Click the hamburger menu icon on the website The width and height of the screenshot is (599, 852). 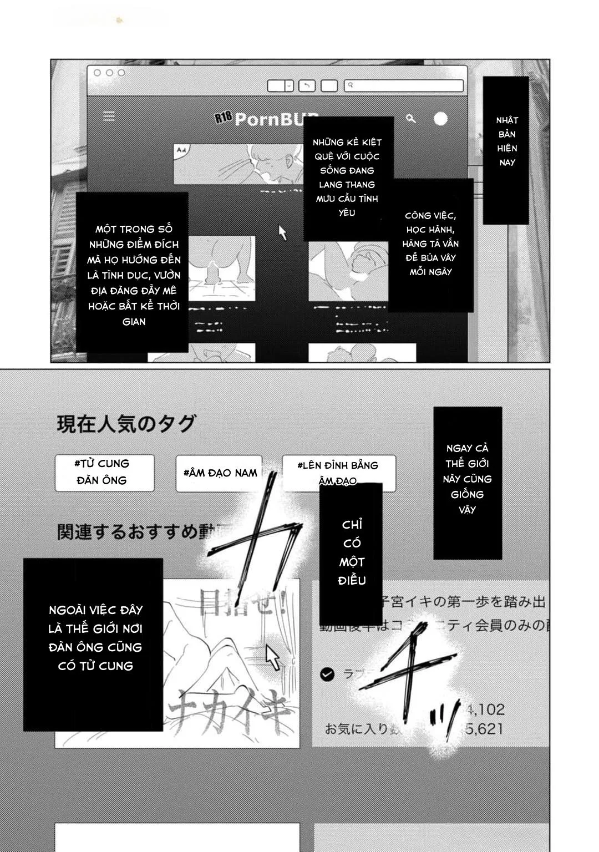click(x=109, y=116)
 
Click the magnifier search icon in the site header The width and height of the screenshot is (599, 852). click(x=411, y=118)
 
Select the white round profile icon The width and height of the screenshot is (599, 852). click(x=440, y=119)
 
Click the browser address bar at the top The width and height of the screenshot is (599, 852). click(x=404, y=85)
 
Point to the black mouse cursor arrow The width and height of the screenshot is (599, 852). click(x=282, y=232)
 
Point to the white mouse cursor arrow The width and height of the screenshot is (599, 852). click(x=272, y=657)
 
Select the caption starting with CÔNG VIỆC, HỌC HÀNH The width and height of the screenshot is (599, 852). click(x=431, y=244)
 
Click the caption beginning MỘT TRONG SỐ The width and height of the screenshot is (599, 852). click(x=133, y=274)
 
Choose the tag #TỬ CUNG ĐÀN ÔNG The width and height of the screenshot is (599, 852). click(x=104, y=473)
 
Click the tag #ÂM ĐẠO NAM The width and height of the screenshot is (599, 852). click(x=220, y=473)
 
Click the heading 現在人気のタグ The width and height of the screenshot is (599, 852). click(x=126, y=424)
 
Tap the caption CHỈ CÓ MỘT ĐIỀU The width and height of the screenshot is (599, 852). click(x=352, y=552)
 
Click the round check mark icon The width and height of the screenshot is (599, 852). click(x=327, y=674)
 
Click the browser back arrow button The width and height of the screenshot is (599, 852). click(x=307, y=85)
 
